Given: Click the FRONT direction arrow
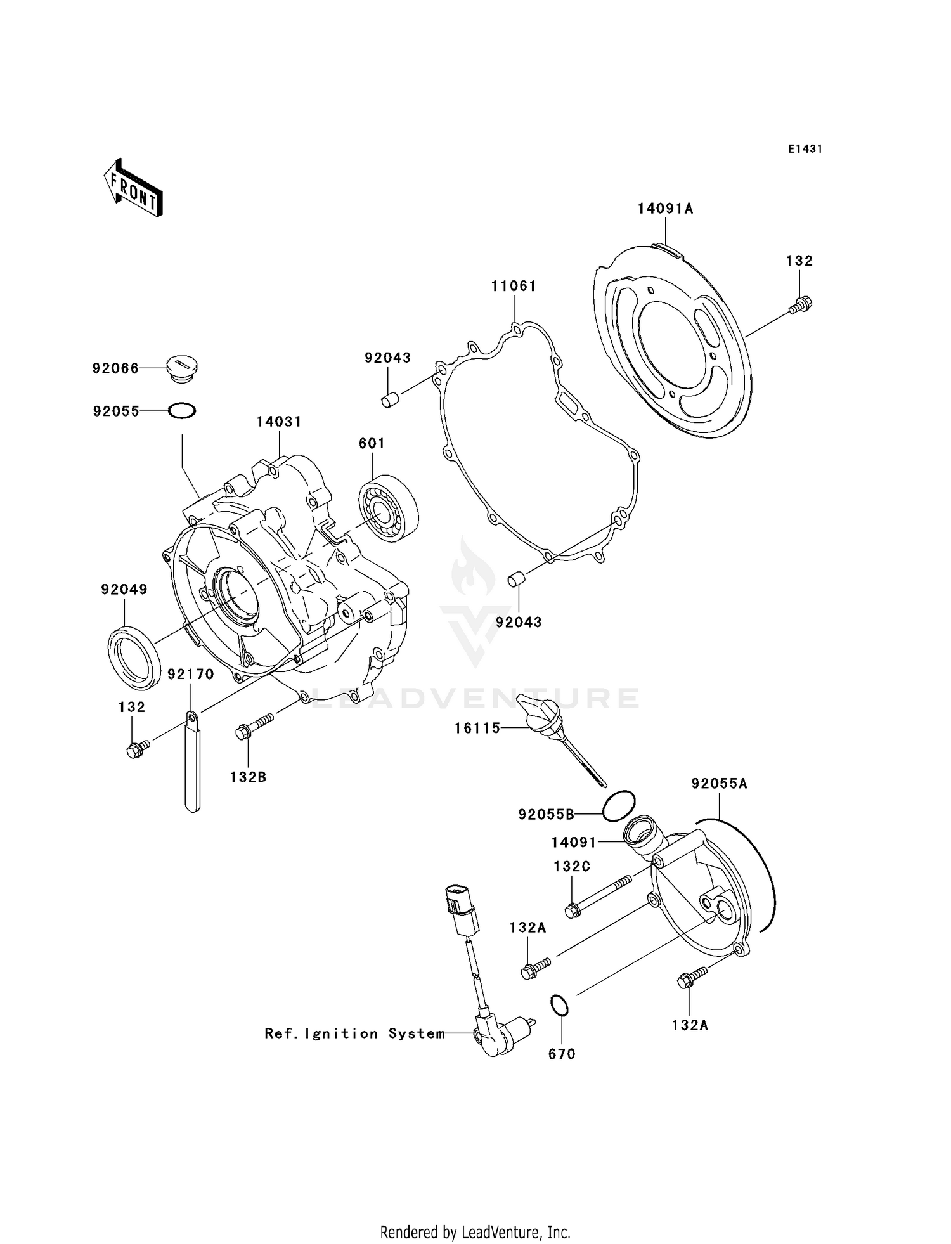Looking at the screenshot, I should coord(134,190).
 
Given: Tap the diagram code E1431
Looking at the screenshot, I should coord(805,149).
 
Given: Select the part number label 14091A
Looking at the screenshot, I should coord(665,209).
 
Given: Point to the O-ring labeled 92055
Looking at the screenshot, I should coord(182,411).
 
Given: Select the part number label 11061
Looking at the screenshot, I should coord(514,287).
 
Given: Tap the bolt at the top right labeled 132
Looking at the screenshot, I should coord(801,306).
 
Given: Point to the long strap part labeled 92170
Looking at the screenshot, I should coord(193,764).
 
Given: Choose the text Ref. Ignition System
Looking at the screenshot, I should coord(354,1033).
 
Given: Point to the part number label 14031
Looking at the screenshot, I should coord(279,422).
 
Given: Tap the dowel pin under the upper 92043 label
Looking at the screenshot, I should coord(389,400).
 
